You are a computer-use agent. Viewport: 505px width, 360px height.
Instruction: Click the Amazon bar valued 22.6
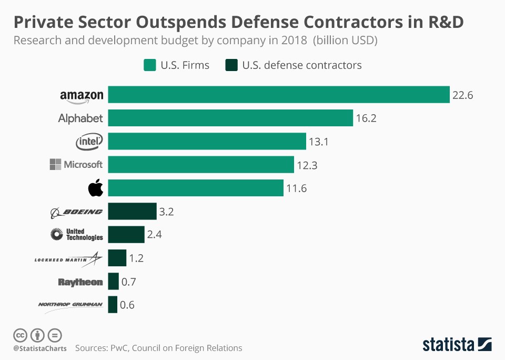(279, 95)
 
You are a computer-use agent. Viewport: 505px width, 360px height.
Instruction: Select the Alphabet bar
(230, 118)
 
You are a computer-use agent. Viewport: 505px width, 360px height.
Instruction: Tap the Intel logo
(89, 141)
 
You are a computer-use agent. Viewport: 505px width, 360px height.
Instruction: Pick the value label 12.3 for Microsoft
(307, 165)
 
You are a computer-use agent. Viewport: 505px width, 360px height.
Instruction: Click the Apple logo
(96, 188)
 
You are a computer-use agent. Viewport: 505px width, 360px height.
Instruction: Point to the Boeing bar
(133, 211)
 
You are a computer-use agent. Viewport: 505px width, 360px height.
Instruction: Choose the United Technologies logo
(77, 234)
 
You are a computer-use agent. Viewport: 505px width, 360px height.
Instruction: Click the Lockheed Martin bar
(117, 258)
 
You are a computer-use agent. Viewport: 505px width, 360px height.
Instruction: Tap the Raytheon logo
(80, 282)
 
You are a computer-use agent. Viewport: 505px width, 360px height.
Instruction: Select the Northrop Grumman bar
(113, 305)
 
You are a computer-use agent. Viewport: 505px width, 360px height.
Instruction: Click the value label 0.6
(127, 305)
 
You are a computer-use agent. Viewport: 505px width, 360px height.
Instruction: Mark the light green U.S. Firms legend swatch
(149, 65)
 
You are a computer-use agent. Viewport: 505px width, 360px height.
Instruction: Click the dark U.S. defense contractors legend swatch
(231, 65)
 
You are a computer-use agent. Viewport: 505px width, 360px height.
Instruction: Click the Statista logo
(457, 345)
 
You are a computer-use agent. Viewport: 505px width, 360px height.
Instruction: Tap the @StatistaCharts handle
(40, 348)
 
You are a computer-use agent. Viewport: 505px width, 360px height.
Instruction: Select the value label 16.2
(366, 118)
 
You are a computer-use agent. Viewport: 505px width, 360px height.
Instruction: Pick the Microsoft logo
(76, 165)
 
